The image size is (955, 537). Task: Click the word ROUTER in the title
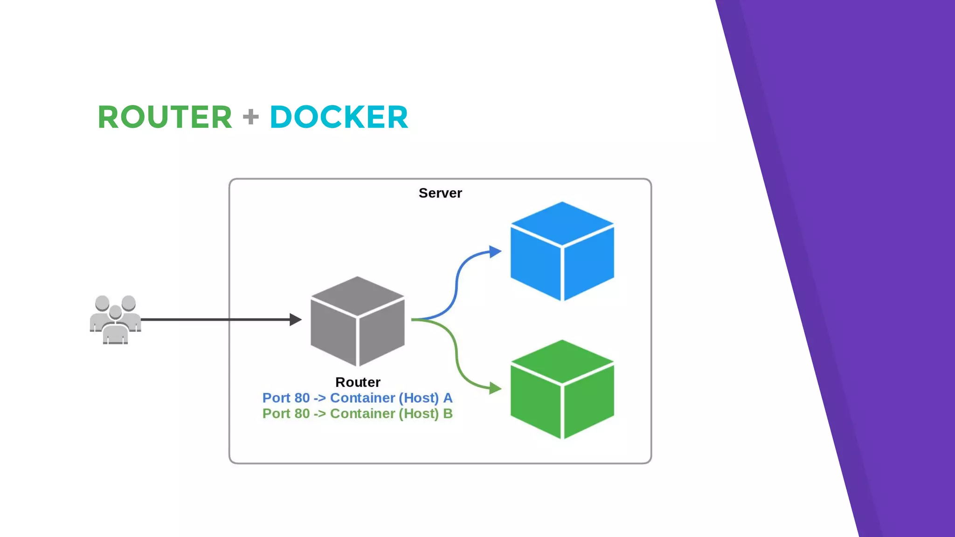pos(165,117)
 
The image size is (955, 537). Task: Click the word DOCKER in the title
pos(339,117)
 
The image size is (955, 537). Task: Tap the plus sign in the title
pos(251,117)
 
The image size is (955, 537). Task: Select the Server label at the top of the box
pos(440,193)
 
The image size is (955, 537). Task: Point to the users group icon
pos(115,320)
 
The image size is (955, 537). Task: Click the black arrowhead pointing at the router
pos(295,319)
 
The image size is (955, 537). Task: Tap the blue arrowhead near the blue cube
pos(495,252)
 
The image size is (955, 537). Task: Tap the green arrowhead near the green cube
pos(495,388)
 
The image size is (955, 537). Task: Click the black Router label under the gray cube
pos(358,382)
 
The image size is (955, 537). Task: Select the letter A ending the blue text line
pos(448,398)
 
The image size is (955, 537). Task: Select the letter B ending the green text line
pos(448,413)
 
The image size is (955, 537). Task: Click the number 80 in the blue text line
pos(302,398)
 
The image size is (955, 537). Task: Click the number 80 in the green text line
pos(302,413)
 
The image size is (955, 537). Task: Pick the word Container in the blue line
pos(362,398)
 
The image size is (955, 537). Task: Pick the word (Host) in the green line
pos(418,413)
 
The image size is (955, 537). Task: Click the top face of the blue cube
pos(562,223)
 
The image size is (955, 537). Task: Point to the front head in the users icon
pos(115,312)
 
